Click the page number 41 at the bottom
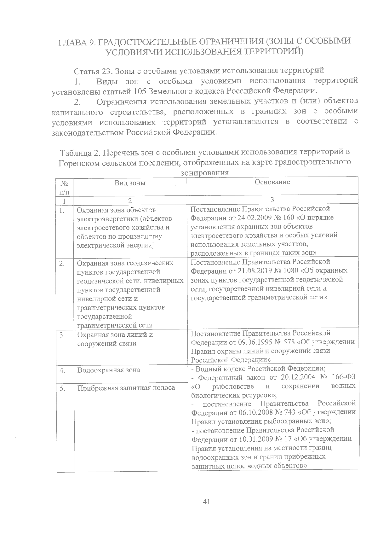(x=207, y=502)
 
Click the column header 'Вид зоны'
(x=130, y=183)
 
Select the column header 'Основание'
(x=272, y=182)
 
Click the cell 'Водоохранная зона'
(x=109, y=370)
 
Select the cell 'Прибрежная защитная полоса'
(x=126, y=388)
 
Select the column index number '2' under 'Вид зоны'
(x=130, y=200)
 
